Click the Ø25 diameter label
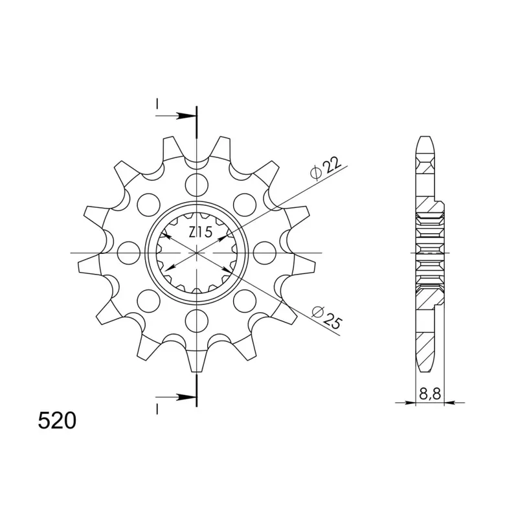tap(326, 317)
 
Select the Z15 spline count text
tap(200, 232)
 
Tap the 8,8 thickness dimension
tap(430, 394)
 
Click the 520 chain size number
tap(57, 421)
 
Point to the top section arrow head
tap(186, 116)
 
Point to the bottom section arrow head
tap(186, 397)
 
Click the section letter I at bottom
tap(157, 410)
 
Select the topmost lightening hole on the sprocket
tap(197, 184)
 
